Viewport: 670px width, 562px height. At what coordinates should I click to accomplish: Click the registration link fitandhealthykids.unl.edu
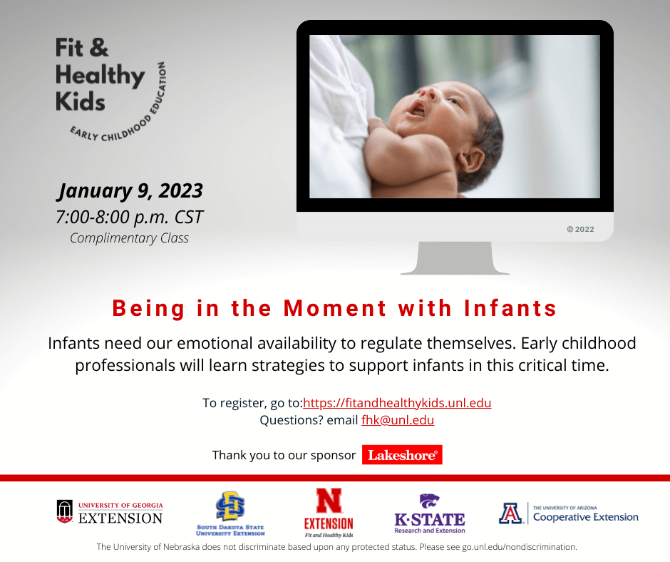click(x=397, y=403)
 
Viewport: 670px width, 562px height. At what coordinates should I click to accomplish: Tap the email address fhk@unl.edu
click(x=398, y=420)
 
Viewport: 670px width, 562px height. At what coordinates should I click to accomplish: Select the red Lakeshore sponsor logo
click(x=402, y=454)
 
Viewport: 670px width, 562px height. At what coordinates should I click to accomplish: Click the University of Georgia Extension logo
click(x=110, y=512)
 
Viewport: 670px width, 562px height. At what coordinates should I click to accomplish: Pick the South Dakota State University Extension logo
click(x=230, y=514)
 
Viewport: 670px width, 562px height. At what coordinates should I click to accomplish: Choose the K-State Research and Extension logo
click(x=429, y=514)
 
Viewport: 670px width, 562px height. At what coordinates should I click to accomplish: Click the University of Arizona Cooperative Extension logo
click(x=568, y=514)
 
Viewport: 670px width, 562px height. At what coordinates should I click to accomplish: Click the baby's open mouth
click(x=416, y=110)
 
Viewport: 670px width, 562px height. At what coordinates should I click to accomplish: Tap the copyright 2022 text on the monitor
click(x=580, y=229)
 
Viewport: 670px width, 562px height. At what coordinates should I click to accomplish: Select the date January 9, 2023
click(x=130, y=190)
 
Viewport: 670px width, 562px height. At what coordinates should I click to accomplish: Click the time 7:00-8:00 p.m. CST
click(x=130, y=218)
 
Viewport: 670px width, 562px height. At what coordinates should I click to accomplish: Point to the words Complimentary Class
click(x=129, y=238)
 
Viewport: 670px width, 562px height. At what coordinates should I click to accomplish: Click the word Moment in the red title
click(x=336, y=308)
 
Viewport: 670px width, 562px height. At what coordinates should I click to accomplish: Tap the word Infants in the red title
click(x=510, y=308)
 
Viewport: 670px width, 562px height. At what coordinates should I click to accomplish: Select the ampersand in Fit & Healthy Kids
click(x=99, y=48)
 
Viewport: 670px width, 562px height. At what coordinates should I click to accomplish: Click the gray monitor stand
click(x=455, y=258)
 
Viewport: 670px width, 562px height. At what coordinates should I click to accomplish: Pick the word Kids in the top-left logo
click(x=81, y=102)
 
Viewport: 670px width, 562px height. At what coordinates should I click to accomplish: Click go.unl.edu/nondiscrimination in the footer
click(x=519, y=547)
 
